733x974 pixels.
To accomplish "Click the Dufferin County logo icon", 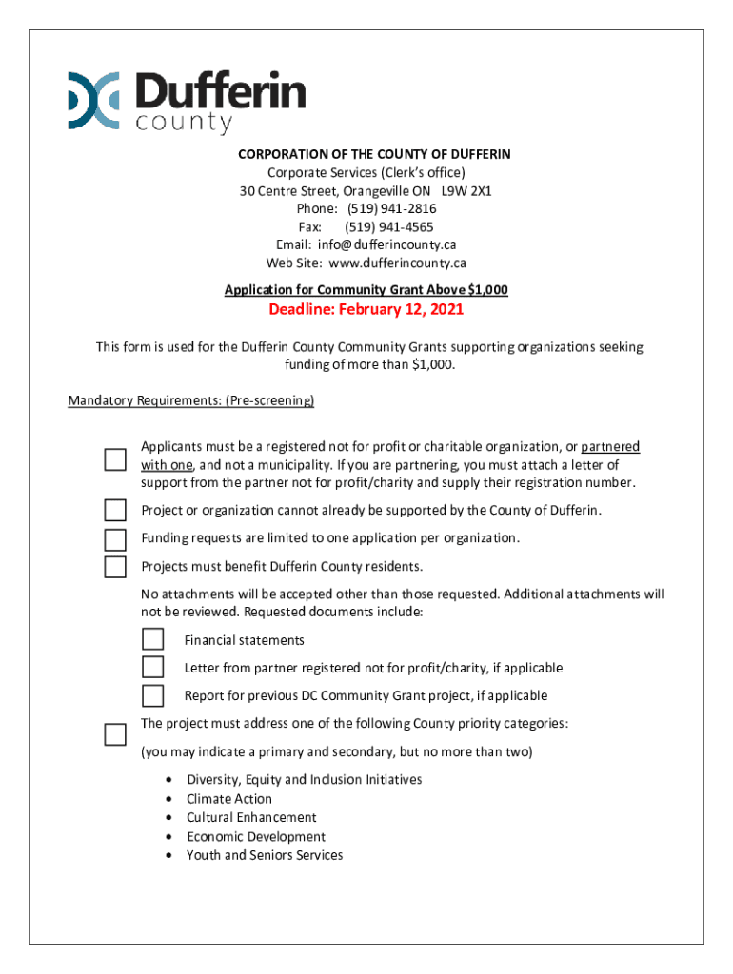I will [93, 100].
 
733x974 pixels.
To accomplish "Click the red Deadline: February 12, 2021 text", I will [366, 311].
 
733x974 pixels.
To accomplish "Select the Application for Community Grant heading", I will [366, 289].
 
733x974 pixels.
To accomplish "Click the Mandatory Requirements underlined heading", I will [191, 400].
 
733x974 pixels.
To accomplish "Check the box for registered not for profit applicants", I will [115, 459].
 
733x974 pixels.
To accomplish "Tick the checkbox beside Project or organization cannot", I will [115, 510].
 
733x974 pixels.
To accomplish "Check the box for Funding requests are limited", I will [115, 539].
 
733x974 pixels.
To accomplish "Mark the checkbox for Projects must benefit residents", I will [115, 567].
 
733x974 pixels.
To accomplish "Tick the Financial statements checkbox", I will [152, 639].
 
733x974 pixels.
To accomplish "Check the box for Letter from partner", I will [152, 667].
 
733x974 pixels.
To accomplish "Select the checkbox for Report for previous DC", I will [152, 695].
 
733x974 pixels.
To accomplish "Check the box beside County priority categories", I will [115, 734].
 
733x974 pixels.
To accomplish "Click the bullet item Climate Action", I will [229, 799].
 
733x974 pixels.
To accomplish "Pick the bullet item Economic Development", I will [255, 837].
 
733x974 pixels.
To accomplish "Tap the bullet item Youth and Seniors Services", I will [265, 855].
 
